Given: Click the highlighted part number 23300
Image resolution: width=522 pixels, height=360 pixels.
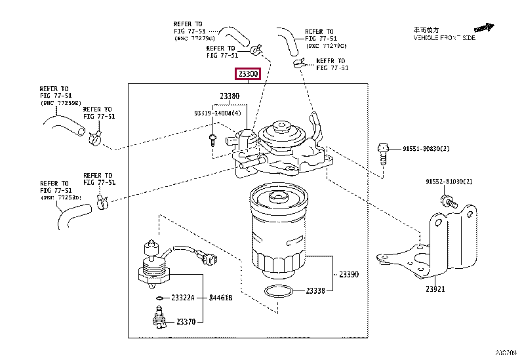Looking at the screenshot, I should coord(249,74).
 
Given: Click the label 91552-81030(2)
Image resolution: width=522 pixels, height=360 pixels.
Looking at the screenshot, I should coord(449,181).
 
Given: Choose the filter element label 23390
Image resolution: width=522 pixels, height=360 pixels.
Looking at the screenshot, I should coord(349,273).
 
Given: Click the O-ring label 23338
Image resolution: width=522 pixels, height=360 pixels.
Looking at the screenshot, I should coord(315,290).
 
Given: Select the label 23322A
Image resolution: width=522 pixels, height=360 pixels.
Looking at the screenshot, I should coord(183,298).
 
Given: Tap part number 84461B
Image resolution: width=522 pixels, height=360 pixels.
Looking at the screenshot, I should coord(219,298).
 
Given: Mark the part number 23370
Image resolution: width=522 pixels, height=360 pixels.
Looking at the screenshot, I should coord(186,321).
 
